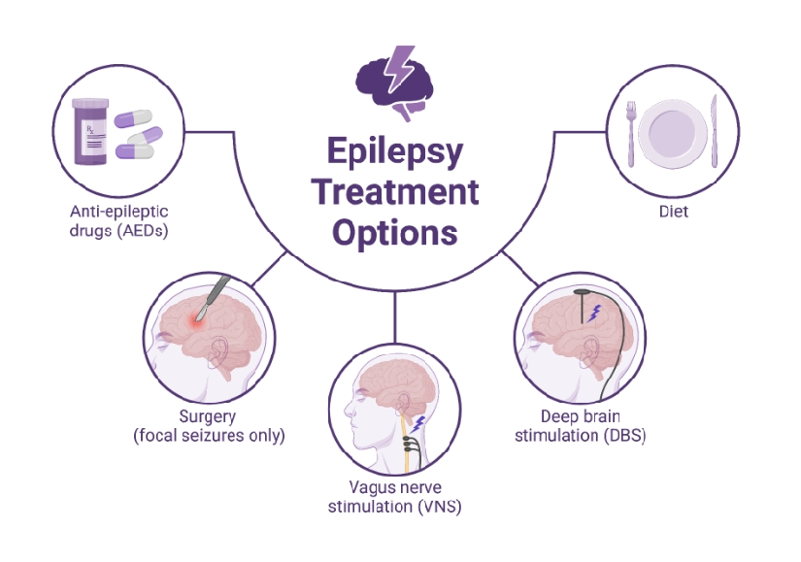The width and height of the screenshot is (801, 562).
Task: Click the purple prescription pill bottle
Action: click(x=98, y=134)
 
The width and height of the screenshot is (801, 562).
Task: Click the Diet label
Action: click(x=672, y=211)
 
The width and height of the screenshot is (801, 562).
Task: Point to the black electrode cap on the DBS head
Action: click(x=584, y=290)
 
